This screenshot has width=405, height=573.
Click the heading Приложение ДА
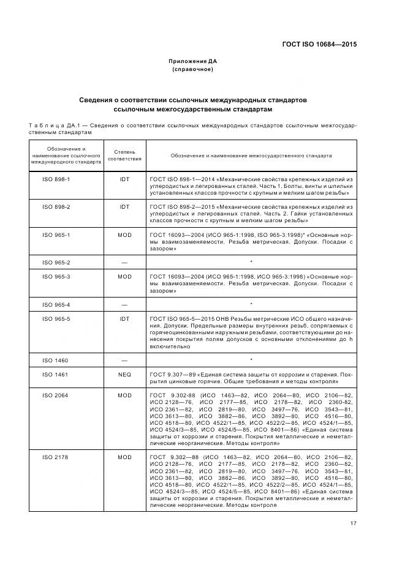[193, 61]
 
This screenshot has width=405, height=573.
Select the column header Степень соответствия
[124, 155]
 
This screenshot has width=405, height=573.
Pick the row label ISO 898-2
[56, 207]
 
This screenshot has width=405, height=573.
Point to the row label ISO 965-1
[56, 234]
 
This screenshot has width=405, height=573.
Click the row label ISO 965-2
[56, 262]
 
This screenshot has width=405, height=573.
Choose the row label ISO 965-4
[56, 304]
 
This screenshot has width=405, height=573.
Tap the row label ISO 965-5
[56, 319]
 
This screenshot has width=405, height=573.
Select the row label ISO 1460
[56, 360]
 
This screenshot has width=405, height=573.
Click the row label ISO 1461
[56, 374]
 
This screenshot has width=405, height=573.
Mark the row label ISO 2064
[56, 395]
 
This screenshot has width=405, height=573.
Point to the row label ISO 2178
[56, 457]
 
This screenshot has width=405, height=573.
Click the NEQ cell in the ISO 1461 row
[124, 374]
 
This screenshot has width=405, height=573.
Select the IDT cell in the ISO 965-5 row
[124, 319]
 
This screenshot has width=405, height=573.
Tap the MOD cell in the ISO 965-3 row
[124, 277]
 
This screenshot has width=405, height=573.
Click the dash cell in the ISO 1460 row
[124, 360]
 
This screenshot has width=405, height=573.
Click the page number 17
[354, 523]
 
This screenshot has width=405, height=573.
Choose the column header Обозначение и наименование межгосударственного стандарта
[251, 155]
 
